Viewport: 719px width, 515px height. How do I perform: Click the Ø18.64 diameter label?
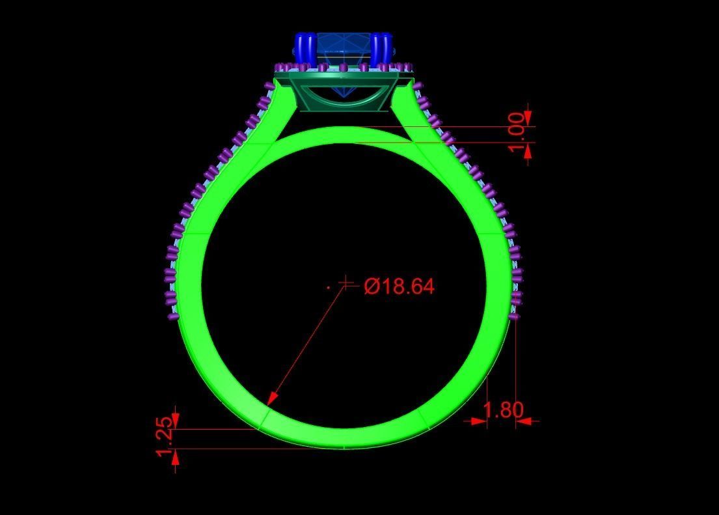[x=400, y=286]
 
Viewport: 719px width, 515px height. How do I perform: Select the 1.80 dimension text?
[x=503, y=410]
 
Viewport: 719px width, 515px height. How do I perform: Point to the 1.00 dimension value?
[x=517, y=133]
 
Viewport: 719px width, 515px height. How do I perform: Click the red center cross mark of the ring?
[x=347, y=283]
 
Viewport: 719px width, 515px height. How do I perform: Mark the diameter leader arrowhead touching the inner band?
[x=273, y=397]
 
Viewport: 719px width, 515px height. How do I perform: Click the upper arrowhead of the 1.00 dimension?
[x=527, y=118]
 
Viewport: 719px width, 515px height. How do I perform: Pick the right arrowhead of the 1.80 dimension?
[x=524, y=421]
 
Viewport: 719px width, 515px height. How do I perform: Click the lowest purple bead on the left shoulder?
[x=173, y=316]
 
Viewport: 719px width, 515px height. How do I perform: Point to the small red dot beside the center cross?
[x=329, y=285]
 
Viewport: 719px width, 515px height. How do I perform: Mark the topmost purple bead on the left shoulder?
[x=270, y=86]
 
